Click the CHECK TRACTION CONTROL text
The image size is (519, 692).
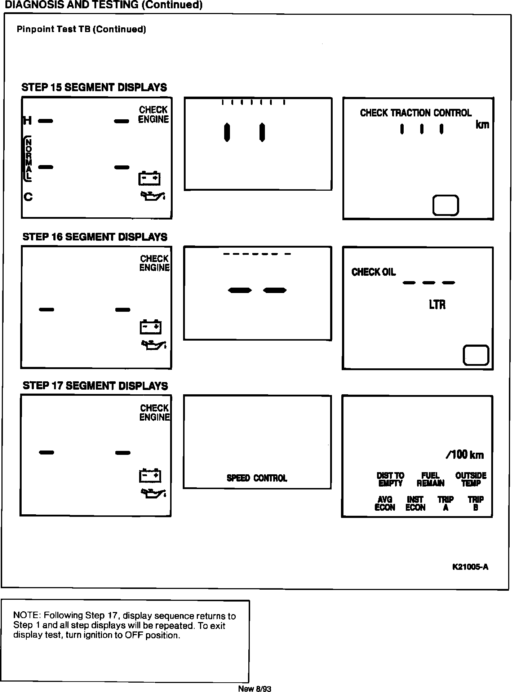[x=416, y=113]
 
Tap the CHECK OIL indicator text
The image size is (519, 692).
[x=373, y=272]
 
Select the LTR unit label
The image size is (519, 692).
[x=437, y=305]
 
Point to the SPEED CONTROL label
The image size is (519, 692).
[x=257, y=478]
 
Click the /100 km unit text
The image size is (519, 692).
[x=465, y=455]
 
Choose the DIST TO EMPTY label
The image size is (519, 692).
[x=390, y=480]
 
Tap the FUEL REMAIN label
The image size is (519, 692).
[x=430, y=480]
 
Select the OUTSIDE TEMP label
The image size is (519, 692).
[x=471, y=480]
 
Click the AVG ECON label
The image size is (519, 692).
[x=385, y=504]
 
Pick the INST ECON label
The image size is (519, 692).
[x=415, y=504]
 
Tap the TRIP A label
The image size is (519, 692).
[x=445, y=504]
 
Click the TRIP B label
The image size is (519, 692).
[x=476, y=504]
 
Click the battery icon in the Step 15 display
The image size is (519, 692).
[x=150, y=178]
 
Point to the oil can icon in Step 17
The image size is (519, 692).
[x=153, y=493]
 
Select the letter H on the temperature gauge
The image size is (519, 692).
[x=27, y=121]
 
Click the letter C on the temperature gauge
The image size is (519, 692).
[x=28, y=197]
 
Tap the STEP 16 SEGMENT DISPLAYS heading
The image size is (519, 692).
[x=95, y=237]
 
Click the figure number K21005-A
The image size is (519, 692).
[x=470, y=567]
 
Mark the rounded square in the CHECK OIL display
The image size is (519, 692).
[x=476, y=355]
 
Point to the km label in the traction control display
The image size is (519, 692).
[x=482, y=125]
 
